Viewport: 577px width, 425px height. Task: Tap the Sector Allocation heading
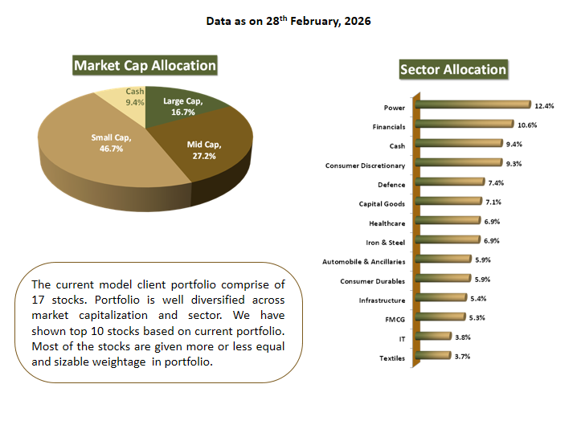[x=453, y=70]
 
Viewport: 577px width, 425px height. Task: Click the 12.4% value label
[x=544, y=104]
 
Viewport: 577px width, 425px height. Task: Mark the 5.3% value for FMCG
[x=476, y=317]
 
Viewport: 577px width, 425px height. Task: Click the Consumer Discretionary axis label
[x=365, y=166]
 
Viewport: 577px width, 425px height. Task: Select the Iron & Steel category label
[x=385, y=242]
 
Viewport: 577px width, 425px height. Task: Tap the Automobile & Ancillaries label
[x=363, y=261]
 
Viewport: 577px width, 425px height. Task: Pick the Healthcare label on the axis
[x=387, y=223]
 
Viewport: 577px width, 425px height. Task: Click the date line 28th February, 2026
[x=288, y=20]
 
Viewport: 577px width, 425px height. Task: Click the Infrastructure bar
[x=442, y=298]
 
